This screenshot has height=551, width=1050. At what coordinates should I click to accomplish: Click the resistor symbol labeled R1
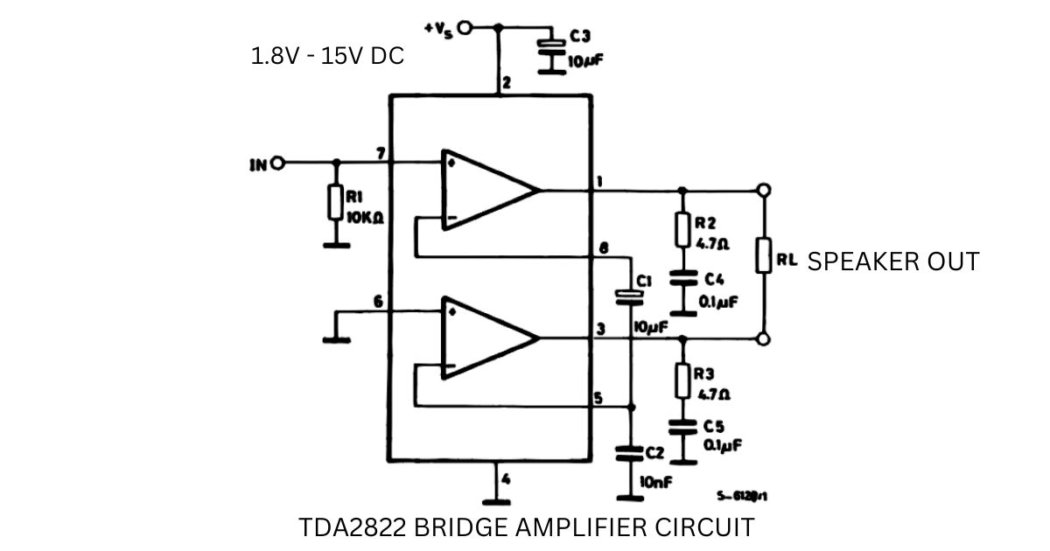(x=334, y=202)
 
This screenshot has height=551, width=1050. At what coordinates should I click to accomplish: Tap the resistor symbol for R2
(x=682, y=230)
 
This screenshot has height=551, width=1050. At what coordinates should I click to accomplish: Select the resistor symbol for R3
(x=682, y=380)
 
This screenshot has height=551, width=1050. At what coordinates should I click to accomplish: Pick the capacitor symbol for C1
(x=630, y=296)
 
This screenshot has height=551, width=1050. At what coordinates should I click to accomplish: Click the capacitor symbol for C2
(x=630, y=453)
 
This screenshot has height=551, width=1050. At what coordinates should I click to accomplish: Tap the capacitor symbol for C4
(x=682, y=281)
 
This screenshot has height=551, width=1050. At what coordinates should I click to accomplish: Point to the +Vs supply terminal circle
(x=465, y=28)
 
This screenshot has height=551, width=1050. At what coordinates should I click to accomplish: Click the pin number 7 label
(x=381, y=154)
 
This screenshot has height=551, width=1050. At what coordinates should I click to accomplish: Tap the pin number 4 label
(x=506, y=478)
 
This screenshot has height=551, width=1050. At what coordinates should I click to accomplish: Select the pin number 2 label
(x=506, y=85)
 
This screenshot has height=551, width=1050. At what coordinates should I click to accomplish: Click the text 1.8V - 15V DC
(x=327, y=57)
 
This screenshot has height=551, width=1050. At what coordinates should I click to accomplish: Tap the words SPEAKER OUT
(x=892, y=262)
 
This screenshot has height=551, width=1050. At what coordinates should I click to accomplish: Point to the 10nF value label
(x=655, y=481)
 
